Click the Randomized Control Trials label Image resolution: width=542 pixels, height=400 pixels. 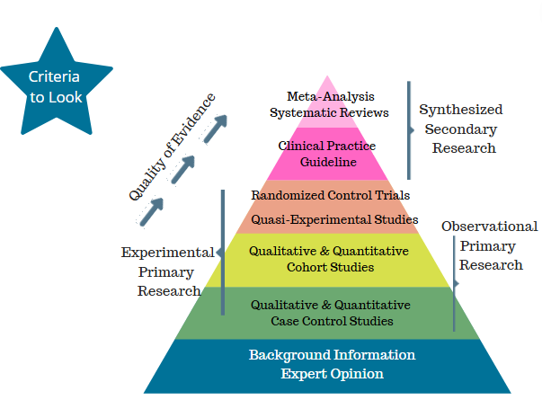pos(331,195)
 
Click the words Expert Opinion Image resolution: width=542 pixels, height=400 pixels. pos(332,374)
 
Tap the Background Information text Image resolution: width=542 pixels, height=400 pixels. pos(332,355)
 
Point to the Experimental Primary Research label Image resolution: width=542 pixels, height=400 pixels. pos(168,271)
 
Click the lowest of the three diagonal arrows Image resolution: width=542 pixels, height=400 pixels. pos(151,211)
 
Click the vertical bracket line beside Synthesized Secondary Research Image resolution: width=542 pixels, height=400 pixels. pos(410,129)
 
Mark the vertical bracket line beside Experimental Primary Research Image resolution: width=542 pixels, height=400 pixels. pos(223,251)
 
